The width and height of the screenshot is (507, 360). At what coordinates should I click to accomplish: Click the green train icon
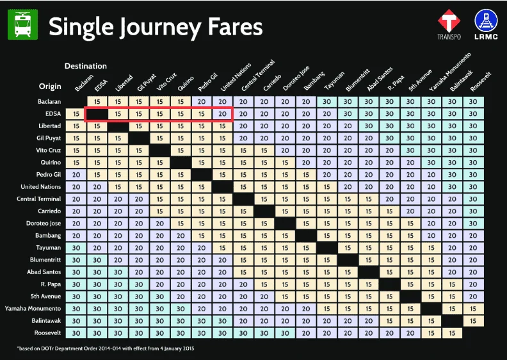22,24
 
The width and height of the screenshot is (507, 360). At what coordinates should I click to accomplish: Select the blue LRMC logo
486,24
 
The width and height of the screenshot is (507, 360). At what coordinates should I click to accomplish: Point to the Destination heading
86,66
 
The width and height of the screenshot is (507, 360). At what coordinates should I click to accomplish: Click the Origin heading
50,86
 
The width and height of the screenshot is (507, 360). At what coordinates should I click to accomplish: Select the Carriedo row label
49,211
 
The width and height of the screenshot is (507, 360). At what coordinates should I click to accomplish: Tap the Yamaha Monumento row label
33,309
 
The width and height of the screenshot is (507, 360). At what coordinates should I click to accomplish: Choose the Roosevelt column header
481,81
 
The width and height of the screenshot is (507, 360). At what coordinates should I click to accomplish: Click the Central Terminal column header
258,76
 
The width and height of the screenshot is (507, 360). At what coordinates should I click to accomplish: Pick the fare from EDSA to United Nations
223,114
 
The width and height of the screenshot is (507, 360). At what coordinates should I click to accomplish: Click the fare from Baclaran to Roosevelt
473,102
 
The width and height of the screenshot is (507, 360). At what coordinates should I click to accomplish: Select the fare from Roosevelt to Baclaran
76,333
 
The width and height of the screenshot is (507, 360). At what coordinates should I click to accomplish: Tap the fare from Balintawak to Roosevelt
473,321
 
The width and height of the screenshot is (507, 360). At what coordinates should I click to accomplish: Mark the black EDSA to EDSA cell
97,114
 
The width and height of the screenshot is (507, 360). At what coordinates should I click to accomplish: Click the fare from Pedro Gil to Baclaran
76,175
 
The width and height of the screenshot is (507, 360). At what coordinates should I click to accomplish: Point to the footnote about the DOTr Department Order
106,348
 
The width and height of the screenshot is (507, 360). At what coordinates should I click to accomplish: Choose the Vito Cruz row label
48,151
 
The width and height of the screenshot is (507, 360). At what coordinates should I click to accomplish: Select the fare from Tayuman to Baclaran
76,248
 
